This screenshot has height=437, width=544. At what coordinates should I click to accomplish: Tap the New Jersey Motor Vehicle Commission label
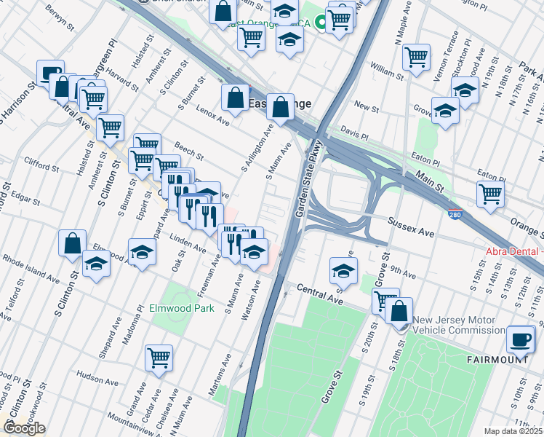pyautogui.click(x=454, y=326)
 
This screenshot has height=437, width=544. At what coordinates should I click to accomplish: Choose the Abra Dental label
pyautogui.click(x=513, y=252)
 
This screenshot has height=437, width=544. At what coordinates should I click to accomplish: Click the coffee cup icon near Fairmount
pyautogui.click(x=521, y=339)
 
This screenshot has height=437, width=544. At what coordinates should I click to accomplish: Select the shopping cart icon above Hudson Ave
pyautogui.click(x=159, y=358)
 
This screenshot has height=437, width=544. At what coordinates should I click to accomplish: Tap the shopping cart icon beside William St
pyautogui.click(x=416, y=57)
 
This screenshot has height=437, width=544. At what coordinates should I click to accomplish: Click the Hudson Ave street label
pyautogui.click(x=97, y=379)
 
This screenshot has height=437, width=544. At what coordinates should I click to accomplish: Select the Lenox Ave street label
pyautogui.click(x=212, y=114)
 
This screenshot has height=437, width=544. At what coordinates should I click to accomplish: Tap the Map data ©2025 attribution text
pyautogui.click(x=513, y=431)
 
